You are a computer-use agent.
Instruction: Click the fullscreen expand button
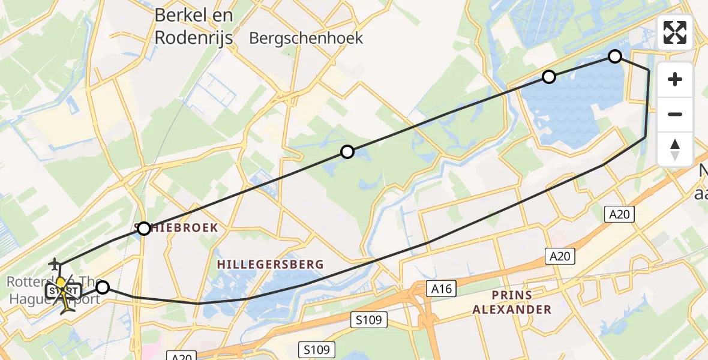[x=675, y=32]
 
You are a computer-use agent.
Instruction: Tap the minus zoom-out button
[x=675, y=115]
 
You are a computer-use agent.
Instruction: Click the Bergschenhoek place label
[x=306, y=38]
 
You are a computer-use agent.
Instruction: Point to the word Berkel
[x=178, y=15]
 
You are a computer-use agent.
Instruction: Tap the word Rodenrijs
[x=193, y=37]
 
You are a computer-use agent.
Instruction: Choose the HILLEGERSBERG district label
[x=270, y=264]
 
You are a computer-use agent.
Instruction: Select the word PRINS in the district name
[x=511, y=295]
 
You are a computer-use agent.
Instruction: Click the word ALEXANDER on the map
[x=512, y=310]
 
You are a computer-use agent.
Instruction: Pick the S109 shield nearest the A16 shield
[x=369, y=320]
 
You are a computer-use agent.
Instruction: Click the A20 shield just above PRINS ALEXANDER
[x=560, y=257]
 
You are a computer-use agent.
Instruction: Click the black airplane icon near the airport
[x=55, y=263]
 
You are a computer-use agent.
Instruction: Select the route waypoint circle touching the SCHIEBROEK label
[x=144, y=229]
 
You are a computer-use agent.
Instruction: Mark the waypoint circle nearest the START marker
[x=103, y=288]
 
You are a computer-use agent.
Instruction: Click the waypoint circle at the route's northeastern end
[x=615, y=57]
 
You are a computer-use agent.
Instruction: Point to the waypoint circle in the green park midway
[x=347, y=152]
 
